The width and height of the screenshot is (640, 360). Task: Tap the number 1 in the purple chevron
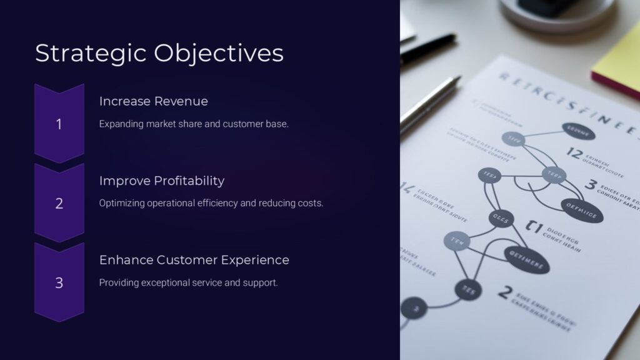pos(59,124)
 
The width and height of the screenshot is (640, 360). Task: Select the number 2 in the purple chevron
pos(59,204)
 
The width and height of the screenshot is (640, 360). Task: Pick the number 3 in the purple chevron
pos(59,283)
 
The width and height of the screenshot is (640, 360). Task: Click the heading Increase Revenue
pos(153,101)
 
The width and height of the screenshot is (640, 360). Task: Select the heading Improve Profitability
pos(161,181)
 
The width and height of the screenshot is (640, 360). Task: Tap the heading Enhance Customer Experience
pos(194,260)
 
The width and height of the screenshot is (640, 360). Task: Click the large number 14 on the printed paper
pos(408,187)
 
